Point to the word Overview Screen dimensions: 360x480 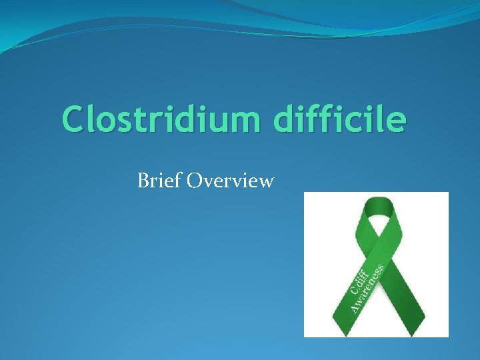(x=231, y=180)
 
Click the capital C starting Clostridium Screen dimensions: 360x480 (x=74, y=121)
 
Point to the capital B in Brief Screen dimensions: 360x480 (x=143, y=180)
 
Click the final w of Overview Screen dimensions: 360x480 (x=265, y=181)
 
